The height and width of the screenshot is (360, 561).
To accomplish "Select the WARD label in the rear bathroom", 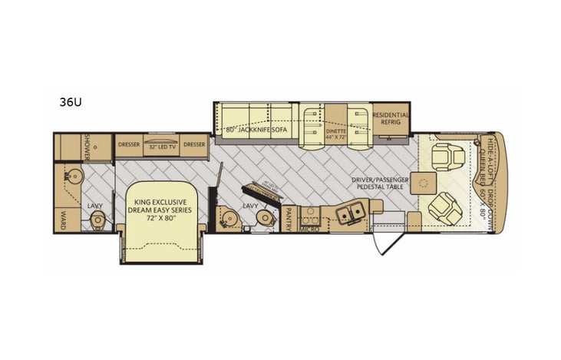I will pyautogui.click(x=65, y=216).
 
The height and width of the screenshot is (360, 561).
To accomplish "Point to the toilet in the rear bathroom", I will pyautogui.click(x=97, y=221).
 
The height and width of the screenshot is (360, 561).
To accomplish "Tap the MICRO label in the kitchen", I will pyautogui.click(x=309, y=229).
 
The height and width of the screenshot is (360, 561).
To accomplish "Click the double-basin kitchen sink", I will pyautogui.click(x=350, y=213).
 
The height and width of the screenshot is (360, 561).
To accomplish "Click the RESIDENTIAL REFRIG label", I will pyautogui.click(x=391, y=118).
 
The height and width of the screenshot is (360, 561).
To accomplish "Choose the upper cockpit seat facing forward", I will pyautogui.click(x=444, y=157).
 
